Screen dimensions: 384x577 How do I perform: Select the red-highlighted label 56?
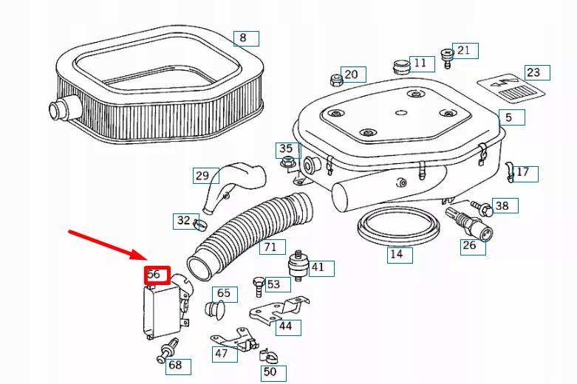pos(157,275)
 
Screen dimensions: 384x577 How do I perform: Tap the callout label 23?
pos(533,72)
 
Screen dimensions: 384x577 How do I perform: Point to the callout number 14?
pos(396,255)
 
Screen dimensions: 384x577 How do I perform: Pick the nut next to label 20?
pos(335,78)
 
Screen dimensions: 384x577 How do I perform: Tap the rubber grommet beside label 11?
pos(402,67)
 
